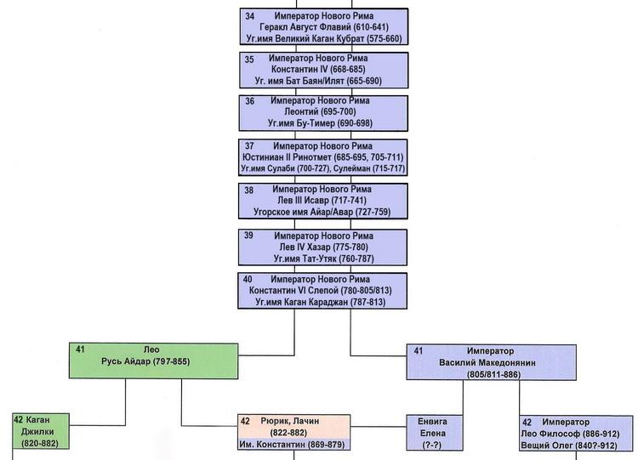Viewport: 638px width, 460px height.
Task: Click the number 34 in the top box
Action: pos(249,16)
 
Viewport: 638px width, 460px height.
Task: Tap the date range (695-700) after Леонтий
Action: pos(338,111)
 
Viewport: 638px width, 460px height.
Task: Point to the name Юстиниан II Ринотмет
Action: pos(287,157)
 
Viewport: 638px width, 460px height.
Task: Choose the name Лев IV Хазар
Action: pos(305,247)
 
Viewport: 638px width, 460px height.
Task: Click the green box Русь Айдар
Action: pos(153,361)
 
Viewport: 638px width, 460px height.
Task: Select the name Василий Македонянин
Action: pos(487,362)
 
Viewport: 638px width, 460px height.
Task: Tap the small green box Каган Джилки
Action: pos(41,431)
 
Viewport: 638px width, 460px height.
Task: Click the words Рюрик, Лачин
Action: pos(290,421)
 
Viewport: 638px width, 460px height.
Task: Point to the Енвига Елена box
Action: pos(435,433)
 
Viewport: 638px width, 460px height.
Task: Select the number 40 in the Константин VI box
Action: pos(248,280)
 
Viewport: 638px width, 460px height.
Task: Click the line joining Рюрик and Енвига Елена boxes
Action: pos(379,427)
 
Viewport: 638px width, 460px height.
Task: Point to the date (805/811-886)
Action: pos(493,374)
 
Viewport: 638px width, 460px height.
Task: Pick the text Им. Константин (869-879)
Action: pos(292,445)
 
